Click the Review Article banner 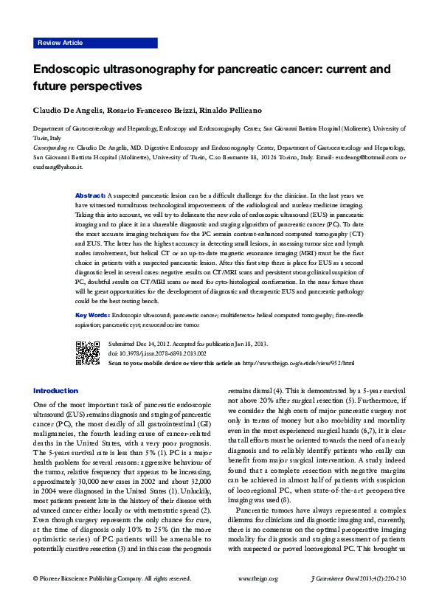[60, 44]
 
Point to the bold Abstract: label [91, 195]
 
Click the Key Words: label [93, 314]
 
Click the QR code [87, 353]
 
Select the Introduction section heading [55, 390]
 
